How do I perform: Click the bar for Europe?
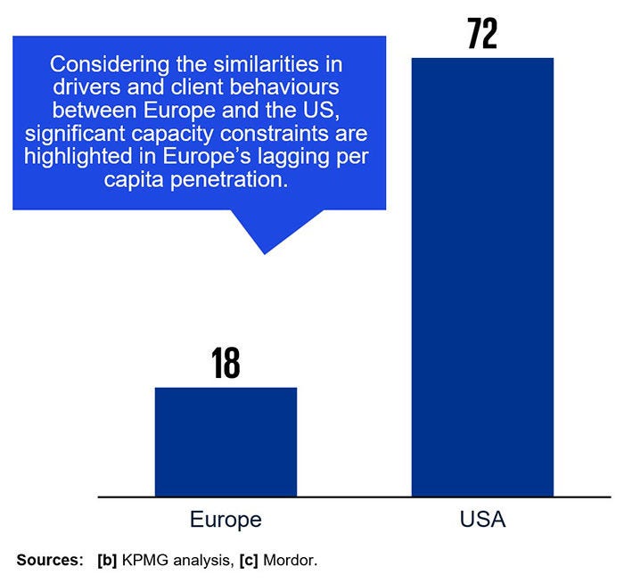(226, 441)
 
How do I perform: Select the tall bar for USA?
(482, 276)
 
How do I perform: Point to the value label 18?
(226, 364)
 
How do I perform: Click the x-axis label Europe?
(226, 520)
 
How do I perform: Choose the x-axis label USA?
(482, 520)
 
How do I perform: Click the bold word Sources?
(50, 561)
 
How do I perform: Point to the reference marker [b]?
(107, 561)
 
